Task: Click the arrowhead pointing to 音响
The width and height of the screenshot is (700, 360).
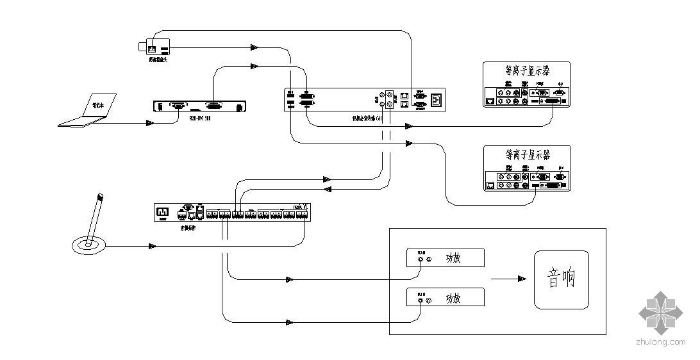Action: coord(522,279)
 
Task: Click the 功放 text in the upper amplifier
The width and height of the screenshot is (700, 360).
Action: coord(453,259)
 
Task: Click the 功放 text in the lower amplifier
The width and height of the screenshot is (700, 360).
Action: coord(453,299)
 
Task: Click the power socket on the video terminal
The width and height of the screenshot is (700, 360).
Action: coord(437,99)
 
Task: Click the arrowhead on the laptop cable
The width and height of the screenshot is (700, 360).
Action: coord(150,122)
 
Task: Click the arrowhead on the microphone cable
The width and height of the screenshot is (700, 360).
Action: coord(153,246)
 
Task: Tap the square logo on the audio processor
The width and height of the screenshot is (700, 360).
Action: coord(163,210)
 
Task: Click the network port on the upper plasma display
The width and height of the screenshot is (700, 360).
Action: coord(490,101)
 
